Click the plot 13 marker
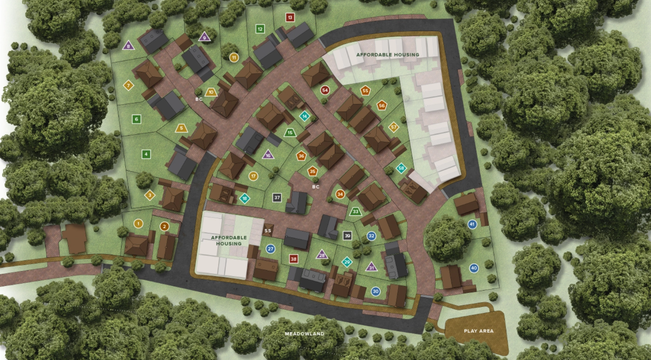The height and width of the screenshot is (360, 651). click(290, 17)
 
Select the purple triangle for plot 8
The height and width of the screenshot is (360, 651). click(128, 46)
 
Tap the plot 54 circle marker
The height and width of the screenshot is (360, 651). click(325, 90)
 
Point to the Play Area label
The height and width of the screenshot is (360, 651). click(478, 331)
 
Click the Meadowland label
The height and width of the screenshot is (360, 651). click(304, 333)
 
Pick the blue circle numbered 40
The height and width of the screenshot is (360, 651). click(473, 268)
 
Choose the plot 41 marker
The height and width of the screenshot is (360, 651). click(472, 224)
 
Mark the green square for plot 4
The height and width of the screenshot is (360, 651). click(146, 154)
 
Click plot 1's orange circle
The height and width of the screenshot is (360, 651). click(138, 223)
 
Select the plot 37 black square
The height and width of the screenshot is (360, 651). click(277, 197)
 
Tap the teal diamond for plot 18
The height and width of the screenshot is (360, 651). click(245, 198)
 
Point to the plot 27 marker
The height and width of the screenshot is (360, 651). click(270, 249)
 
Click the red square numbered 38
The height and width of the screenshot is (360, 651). click(293, 259)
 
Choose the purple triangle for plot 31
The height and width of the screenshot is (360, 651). click(371, 267)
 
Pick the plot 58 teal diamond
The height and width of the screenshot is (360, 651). click(401, 168)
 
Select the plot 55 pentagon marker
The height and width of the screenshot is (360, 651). click(365, 91)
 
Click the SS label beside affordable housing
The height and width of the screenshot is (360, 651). click(268, 231)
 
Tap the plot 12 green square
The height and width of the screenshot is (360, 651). click(260, 29)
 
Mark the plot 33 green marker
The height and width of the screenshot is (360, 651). click(355, 211)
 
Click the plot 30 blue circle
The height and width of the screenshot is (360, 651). click(375, 291)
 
